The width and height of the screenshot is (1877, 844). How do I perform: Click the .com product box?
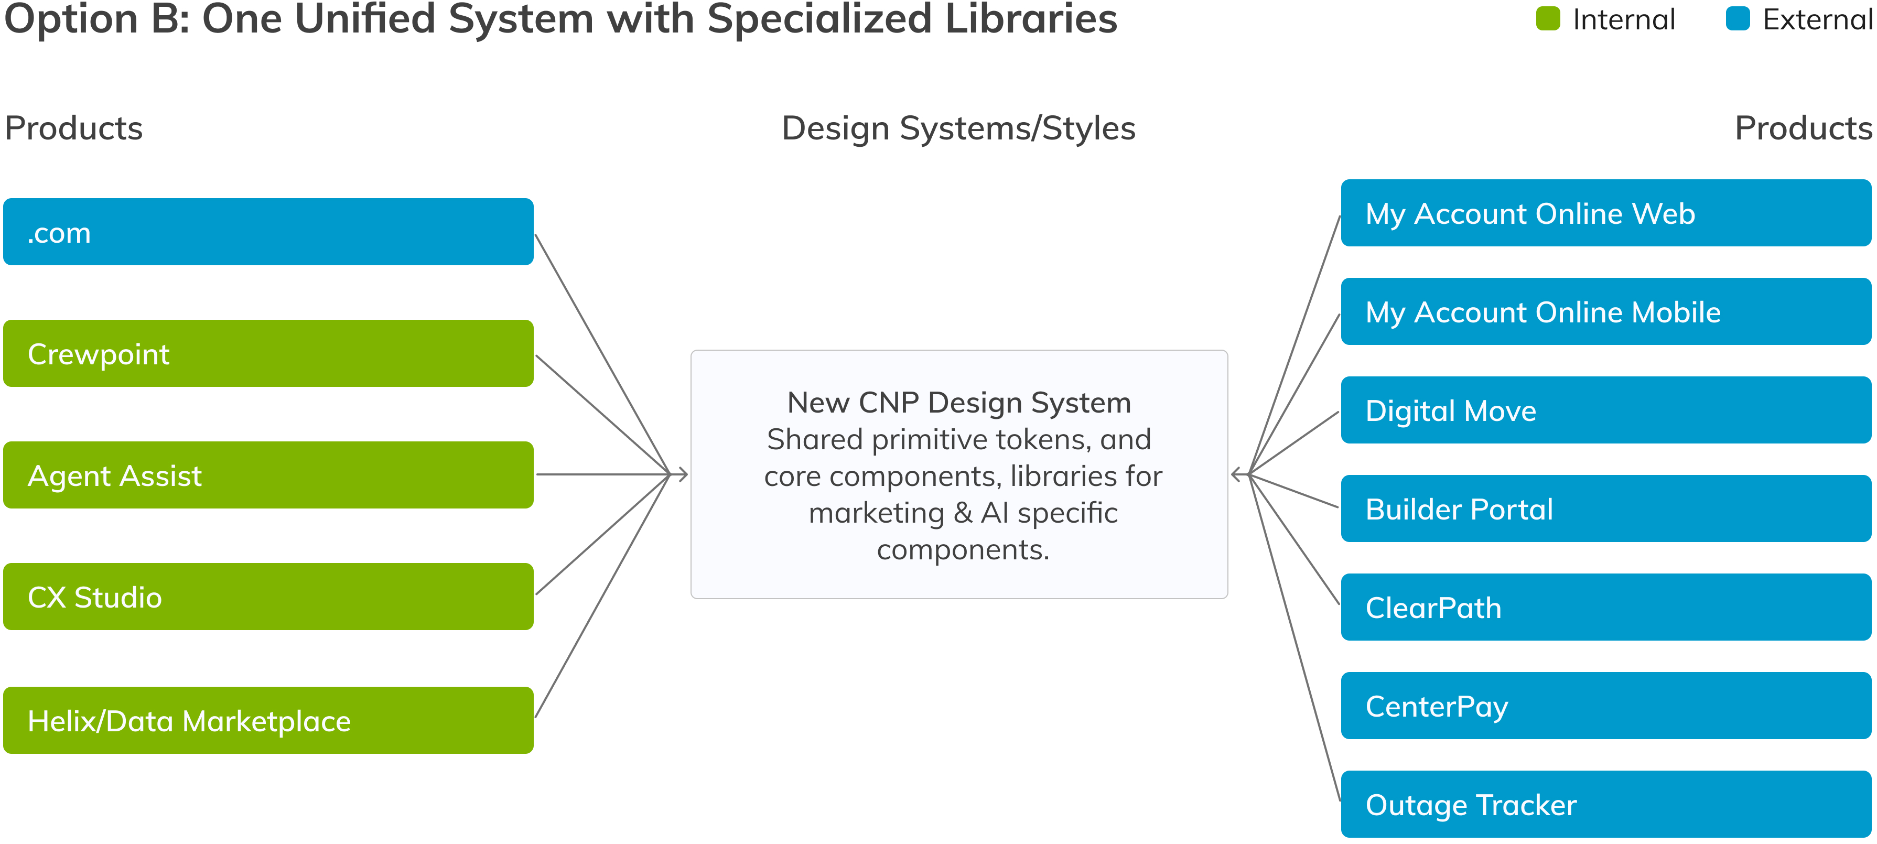click(268, 232)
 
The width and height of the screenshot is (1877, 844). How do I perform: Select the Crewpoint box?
click(268, 353)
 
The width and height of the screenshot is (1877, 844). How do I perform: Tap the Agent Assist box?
click(268, 475)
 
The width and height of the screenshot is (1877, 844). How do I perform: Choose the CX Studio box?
click(268, 597)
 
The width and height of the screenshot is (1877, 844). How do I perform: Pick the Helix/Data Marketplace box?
click(268, 720)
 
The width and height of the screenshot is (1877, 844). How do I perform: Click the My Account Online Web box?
click(1606, 213)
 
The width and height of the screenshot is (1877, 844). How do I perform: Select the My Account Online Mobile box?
click(1606, 311)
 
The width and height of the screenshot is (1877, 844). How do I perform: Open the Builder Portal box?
click(1606, 508)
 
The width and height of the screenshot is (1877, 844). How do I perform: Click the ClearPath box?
click(1606, 607)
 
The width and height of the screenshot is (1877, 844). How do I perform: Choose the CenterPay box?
click(1606, 706)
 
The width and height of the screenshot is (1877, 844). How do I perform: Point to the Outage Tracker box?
click(1606, 804)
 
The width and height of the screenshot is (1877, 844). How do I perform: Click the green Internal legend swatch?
click(1548, 19)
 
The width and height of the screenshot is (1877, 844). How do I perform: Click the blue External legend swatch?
click(1738, 19)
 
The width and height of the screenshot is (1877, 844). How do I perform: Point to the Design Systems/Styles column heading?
click(958, 129)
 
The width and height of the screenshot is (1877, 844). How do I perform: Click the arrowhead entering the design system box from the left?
click(683, 474)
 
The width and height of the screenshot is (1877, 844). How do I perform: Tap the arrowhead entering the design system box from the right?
click(1236, 474)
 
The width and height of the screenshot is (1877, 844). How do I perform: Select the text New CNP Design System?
click(959, 402)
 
